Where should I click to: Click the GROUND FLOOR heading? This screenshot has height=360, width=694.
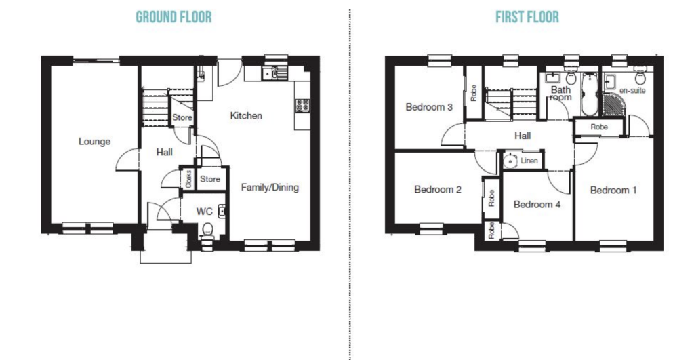tap(173, 17)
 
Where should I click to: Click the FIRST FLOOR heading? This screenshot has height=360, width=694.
tap(527, 17)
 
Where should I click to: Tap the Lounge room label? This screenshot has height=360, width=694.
tap(94, 142)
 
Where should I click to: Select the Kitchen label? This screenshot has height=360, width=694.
tap(245, 116)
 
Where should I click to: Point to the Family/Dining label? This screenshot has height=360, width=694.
tap(270, 187)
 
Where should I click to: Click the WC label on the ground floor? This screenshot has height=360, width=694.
tap(204, 212)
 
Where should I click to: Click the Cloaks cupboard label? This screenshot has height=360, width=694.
tap(187, 179)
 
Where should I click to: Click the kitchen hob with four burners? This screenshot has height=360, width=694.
tap(302, 105)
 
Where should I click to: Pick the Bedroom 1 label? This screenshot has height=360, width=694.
tap(613, 191)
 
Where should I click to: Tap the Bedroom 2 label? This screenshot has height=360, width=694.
tap(437, 190)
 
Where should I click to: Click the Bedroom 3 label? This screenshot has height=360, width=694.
tap(428, 107)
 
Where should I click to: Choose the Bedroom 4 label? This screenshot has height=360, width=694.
tap(536, 204)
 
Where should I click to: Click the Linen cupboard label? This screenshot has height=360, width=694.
tap(529, 161)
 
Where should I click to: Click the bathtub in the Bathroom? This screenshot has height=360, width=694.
tap(588, 95)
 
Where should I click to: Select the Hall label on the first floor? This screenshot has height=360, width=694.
tap(522, 136)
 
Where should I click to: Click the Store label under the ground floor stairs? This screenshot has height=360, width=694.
tap(182, 118)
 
